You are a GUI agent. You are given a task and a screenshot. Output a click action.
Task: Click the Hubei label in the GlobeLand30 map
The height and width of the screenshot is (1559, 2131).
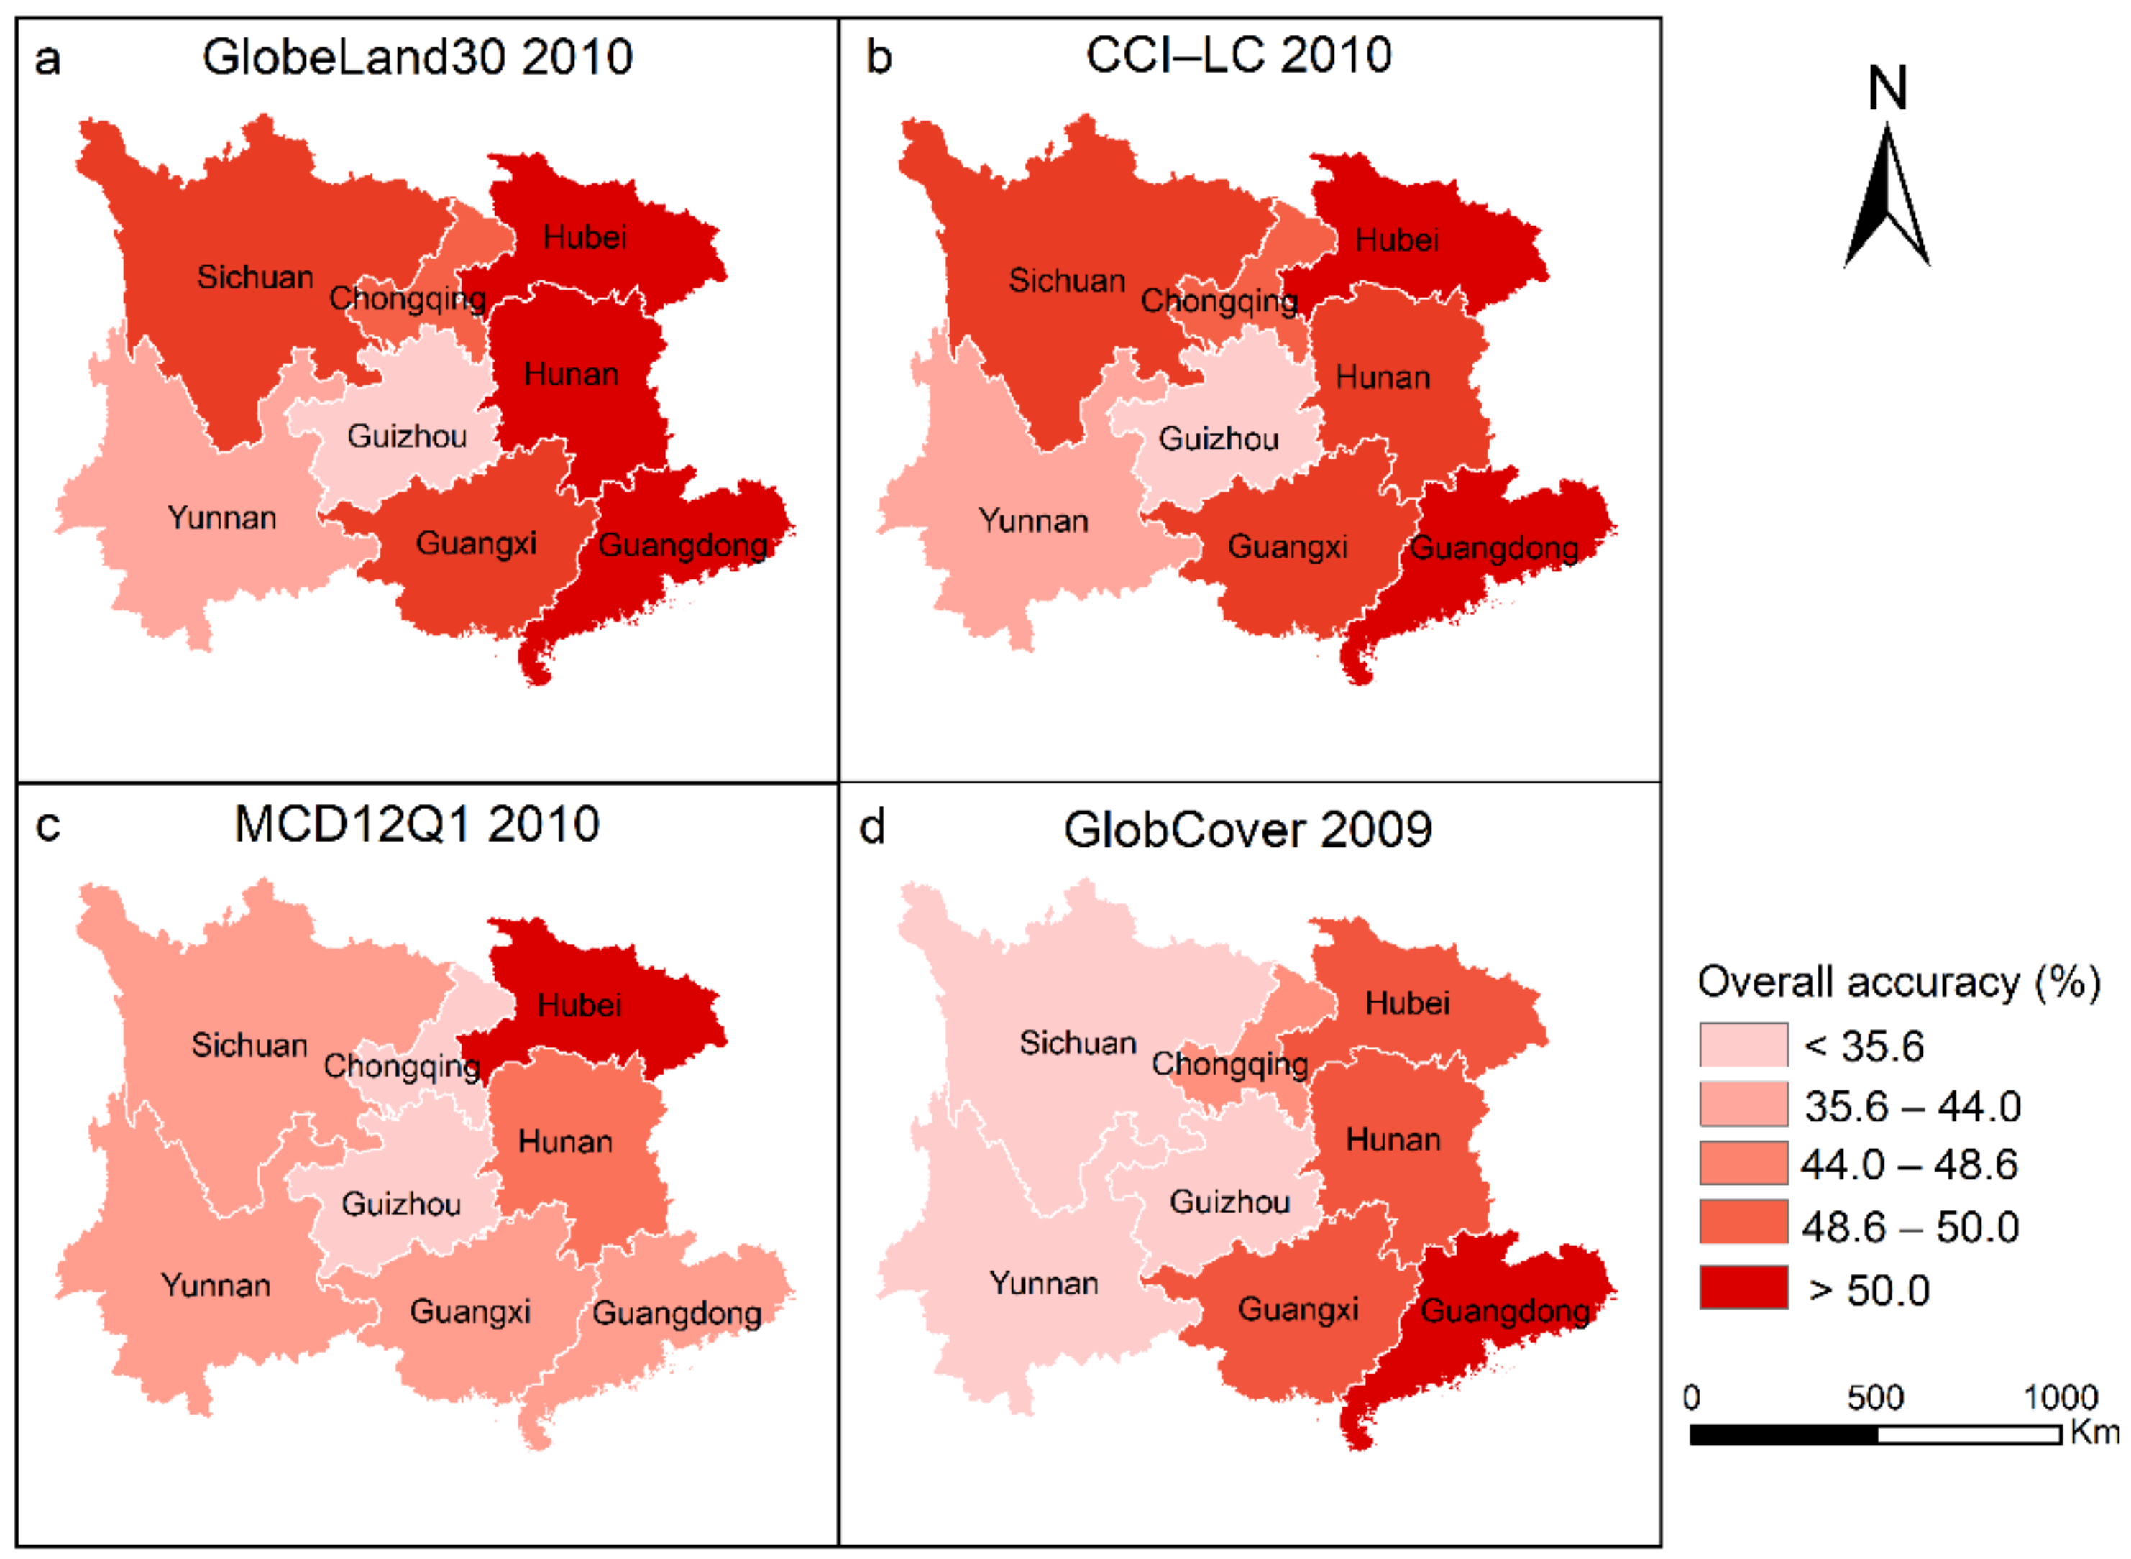coord(585,237)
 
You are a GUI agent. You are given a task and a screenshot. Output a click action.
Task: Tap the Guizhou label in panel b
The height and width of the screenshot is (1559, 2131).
coord(1219,439)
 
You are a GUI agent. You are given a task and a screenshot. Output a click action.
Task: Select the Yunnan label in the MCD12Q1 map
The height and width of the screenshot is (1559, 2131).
coord(216,1285)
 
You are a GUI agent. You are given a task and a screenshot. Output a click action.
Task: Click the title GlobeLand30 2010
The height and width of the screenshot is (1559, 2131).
coord(417,58)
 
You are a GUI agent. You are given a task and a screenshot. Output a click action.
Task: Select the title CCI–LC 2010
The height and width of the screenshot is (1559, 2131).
coord(1238,55)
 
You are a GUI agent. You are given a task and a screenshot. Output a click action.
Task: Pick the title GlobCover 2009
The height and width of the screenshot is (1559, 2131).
coord(1247,830)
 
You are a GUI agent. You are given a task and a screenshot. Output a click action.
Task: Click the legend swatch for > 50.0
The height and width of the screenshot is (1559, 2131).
coord(1743,1288)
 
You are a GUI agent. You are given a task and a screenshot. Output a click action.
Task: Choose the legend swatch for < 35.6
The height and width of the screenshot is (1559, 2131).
coord(1743,1044)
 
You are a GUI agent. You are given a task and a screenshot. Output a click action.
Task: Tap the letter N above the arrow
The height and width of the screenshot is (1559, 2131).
coord(1887,88)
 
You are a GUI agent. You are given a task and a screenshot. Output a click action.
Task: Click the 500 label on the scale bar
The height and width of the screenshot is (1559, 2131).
coord(1874,1397)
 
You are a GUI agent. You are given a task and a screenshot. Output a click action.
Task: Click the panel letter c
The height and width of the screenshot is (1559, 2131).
coord(47,827)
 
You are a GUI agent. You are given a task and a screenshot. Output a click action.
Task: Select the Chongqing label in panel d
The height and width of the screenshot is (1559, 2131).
coord(1229,1064)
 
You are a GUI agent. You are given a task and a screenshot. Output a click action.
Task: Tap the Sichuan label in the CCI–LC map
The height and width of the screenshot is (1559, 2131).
coord(1066,280)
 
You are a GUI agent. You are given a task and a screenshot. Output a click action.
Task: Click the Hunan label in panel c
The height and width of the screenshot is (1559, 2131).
coord(565,1142)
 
